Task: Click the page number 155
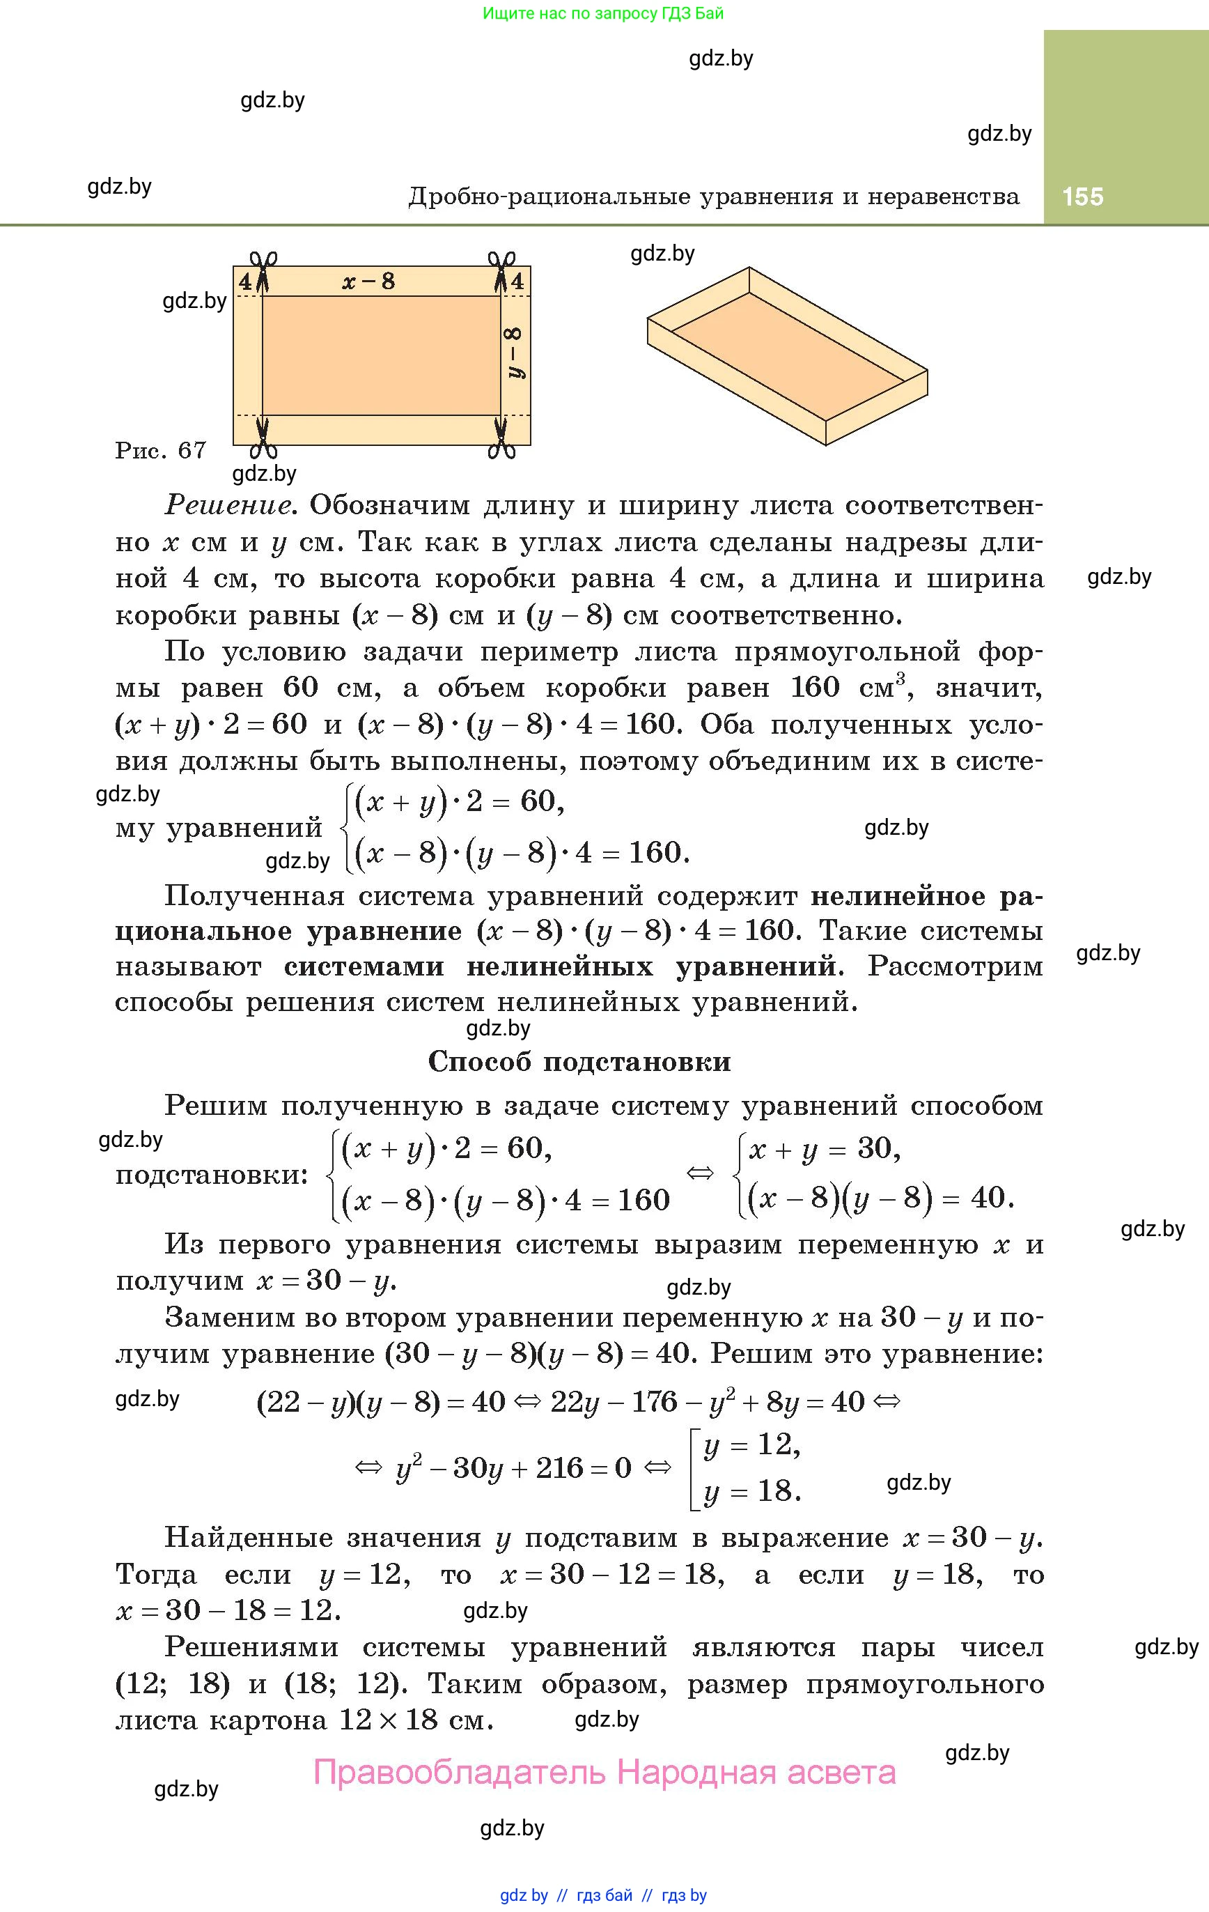[1082, 196]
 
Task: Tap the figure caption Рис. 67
[161, 450]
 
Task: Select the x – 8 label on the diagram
[368, 281]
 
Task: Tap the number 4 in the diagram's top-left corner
[245, 281]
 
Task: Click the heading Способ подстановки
[579, 1062]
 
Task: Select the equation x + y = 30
[825, 1149]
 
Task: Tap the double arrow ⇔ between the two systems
[699, 1173]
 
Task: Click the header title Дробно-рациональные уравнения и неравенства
[714, 196]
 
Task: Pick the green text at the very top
[603, 13]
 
